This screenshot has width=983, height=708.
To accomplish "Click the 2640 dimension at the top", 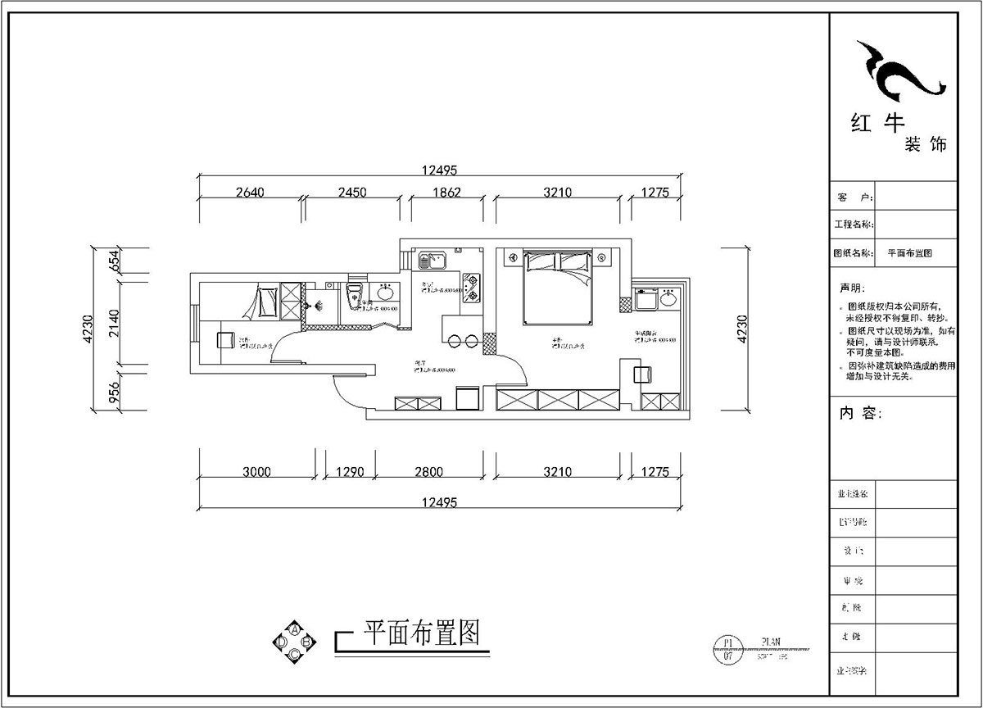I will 250,193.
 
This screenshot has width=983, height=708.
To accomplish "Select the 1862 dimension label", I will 446,193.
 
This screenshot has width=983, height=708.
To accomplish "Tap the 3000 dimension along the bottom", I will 256,472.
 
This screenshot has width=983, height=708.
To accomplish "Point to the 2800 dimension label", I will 428,472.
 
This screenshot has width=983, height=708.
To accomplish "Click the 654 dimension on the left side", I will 115,261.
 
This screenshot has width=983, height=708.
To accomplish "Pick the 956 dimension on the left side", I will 115,394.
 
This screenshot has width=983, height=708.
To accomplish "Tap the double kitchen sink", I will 431,261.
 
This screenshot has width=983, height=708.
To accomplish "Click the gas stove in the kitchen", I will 472,288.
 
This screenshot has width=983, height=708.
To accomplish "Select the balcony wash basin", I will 668,299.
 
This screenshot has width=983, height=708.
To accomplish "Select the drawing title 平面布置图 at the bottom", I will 420,633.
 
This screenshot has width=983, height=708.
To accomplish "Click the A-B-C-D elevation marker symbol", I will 293,642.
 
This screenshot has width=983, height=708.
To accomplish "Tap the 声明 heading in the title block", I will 851,289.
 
